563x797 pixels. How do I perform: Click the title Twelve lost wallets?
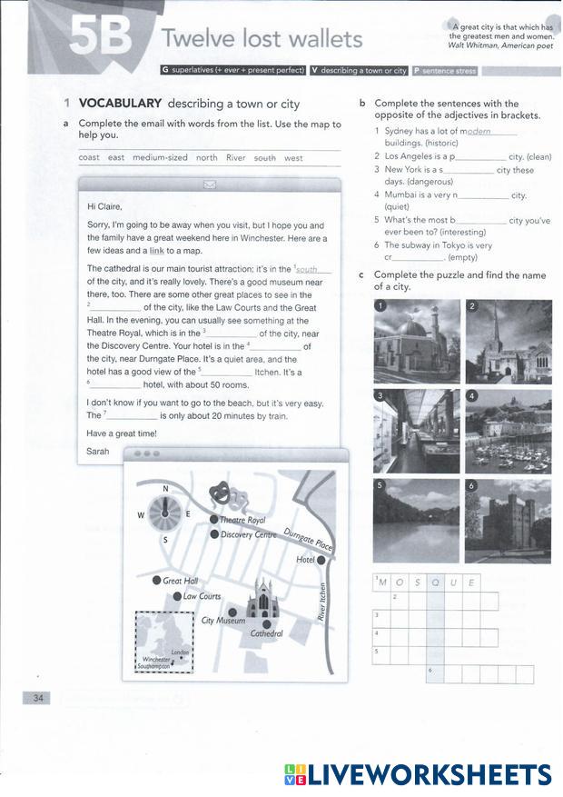tap(262, 39)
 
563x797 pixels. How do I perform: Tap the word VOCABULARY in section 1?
tap(120, 104)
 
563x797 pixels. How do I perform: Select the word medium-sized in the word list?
tap(160, 157)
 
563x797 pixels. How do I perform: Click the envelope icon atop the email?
tap(210, 184)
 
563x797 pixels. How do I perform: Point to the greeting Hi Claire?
tap(104, 206)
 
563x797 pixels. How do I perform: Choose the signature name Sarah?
tap(97, 451)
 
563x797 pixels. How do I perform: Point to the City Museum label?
tap(222, 621)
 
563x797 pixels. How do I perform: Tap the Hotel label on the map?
tap(305, 560)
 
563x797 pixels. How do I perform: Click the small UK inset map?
tap(164, 642)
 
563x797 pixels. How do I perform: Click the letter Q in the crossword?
tap(435, 582)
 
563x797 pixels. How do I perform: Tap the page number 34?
tap(37, 697)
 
